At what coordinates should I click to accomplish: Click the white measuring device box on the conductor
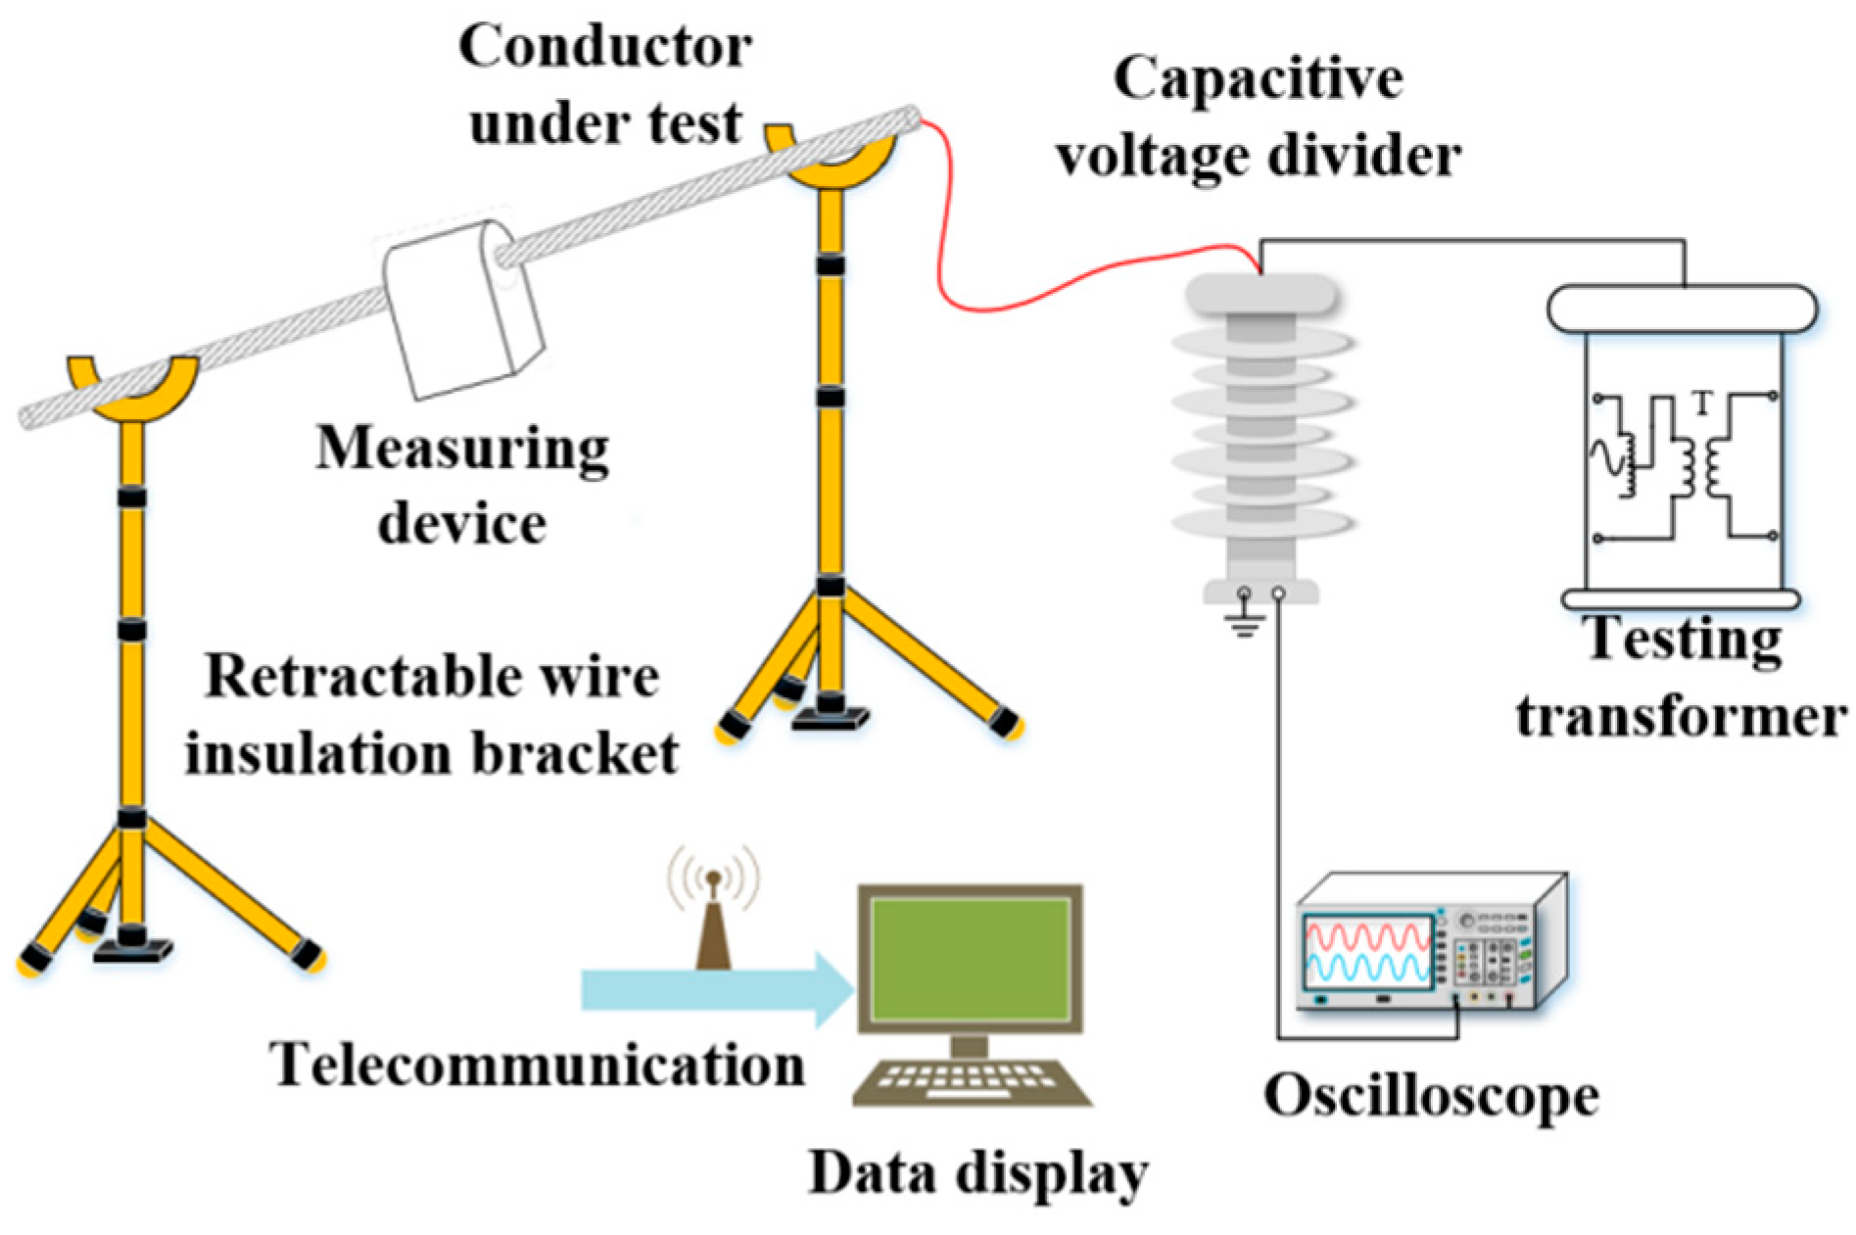(x=460, y=309)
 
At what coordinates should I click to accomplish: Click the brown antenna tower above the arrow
(x=714, y=930)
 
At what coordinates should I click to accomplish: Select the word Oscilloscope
(x=1431, y=1096)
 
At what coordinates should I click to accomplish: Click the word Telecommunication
(x=537, y=1065)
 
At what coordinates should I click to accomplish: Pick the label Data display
(x=977, y=1172)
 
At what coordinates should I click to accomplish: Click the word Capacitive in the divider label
(x=1258, y=78)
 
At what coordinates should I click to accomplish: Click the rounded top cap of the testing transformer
(x=1681, y=309)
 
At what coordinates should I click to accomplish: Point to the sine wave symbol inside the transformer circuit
(x=1606, y=458)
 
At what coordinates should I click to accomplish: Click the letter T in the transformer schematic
(x=1702, y=402)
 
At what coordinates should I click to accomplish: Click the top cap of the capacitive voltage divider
(x=1261, y=292)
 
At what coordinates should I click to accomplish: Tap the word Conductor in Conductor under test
(x=605, y=46)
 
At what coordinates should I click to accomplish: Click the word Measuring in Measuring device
(x=461, y=450)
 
